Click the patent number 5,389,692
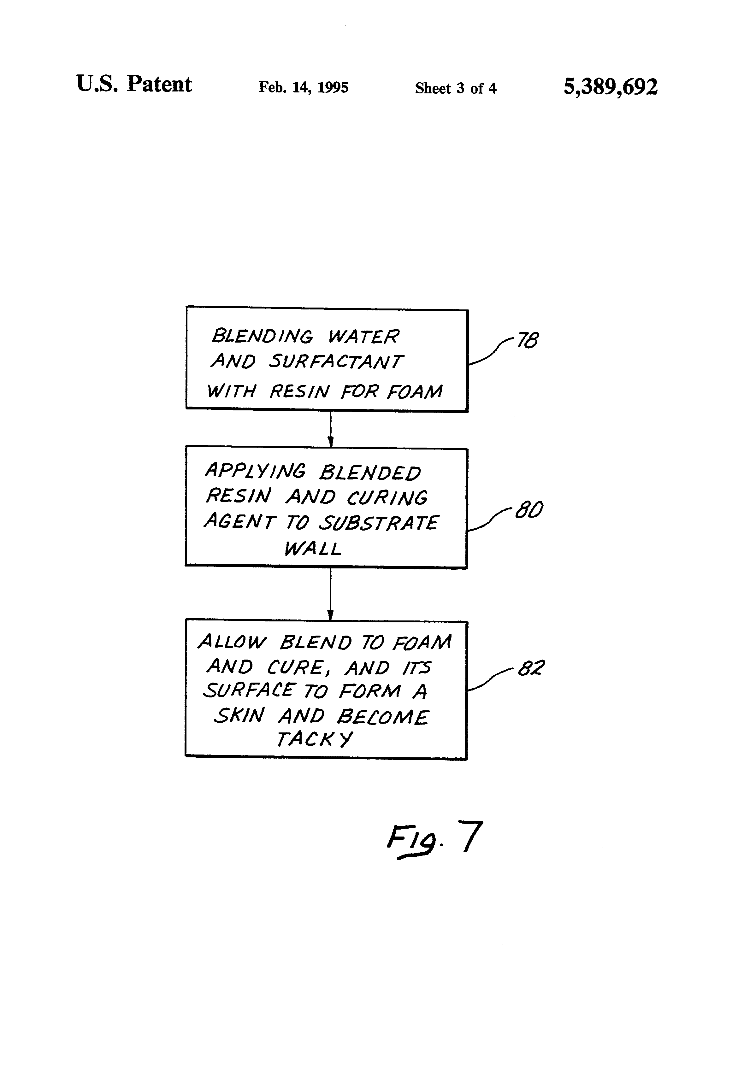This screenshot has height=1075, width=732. pos(610,86)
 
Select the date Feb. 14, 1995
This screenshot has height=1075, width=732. pos(303,87)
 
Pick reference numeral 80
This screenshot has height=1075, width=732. pos(529,510)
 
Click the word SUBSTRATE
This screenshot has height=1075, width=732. pos(379,523)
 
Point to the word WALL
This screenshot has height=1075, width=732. pos(313,549)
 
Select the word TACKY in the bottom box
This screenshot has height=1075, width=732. pos(314,739)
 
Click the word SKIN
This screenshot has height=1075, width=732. pos(239,715)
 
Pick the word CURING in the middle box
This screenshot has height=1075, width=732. pos(387,497)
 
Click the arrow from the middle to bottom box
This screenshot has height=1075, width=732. pos(330,594)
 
